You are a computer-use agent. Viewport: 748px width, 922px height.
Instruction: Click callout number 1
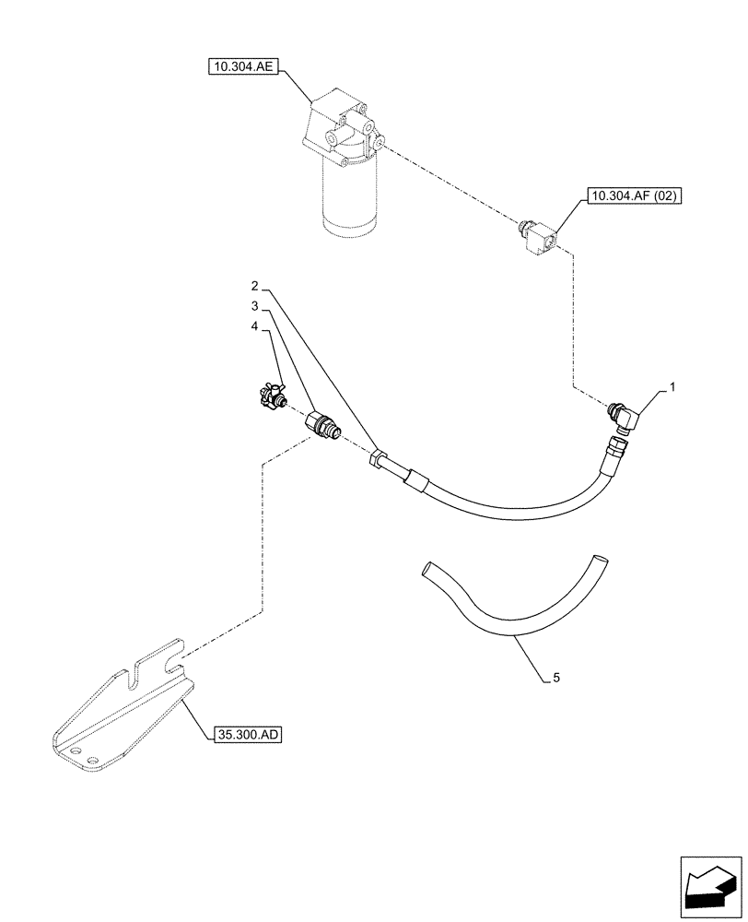[x=673, y=388]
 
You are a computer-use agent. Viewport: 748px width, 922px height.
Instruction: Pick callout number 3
[x=255, y=305]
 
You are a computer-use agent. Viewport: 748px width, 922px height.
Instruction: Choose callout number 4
[x=255, y=325]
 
